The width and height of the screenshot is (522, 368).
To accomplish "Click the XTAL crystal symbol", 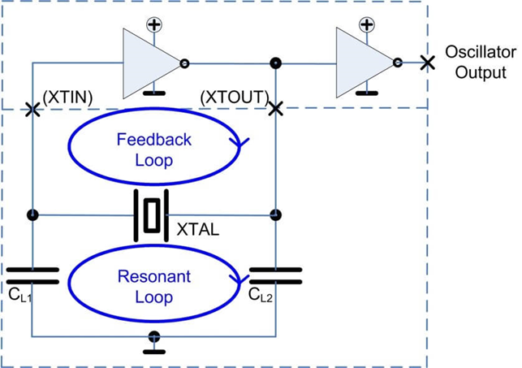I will point(152,215).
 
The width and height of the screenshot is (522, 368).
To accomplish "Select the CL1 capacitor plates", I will point(32,275).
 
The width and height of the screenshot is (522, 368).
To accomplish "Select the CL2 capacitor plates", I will point(275,275).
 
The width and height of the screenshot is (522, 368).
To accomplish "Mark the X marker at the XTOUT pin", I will point(276,108).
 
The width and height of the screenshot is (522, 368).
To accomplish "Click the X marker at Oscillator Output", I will point(425,63).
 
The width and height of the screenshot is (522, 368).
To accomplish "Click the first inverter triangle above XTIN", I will point(149,63).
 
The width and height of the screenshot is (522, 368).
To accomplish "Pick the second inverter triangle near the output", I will point(363,63).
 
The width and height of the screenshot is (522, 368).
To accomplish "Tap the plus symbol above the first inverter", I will point(153,24).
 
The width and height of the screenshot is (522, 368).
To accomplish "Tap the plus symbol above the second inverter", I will point(367,24).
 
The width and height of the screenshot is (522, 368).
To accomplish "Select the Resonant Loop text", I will point(154,287).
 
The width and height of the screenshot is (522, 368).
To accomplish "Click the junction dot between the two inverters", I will point(276,63).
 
